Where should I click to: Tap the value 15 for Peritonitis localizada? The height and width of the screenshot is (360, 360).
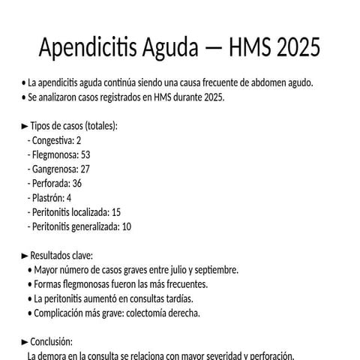tap(115, 212)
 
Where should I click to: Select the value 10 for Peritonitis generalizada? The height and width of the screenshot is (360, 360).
tap(126, 226)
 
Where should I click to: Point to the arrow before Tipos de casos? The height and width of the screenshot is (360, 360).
tap(25, 126)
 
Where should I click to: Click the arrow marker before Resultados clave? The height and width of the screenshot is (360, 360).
tap(25, 256)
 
